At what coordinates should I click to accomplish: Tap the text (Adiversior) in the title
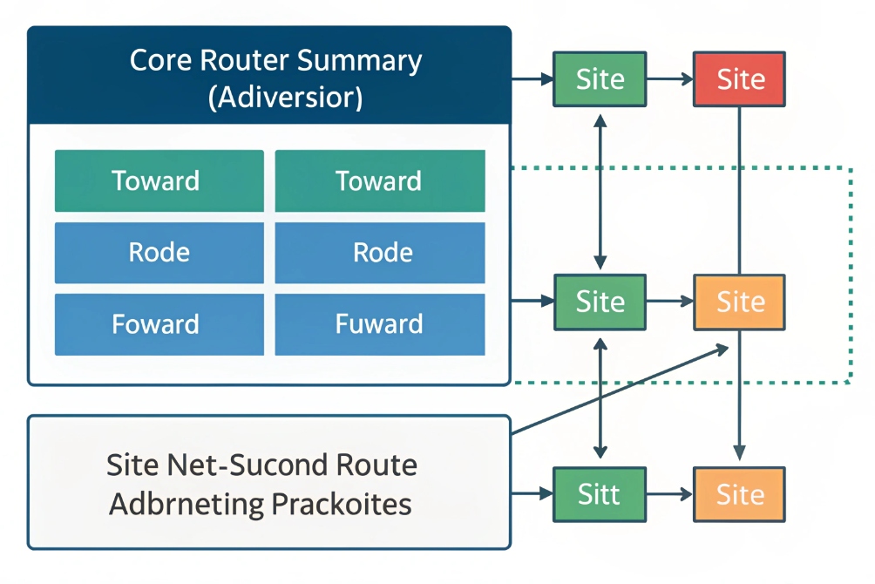click(285, 96)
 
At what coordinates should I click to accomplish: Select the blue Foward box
click(159, 324)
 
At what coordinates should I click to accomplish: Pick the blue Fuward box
click(380, 324)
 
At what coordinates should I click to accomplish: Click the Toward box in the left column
click(159, 181)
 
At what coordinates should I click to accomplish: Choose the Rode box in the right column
click(380, 253)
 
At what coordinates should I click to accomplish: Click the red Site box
click(740, 79)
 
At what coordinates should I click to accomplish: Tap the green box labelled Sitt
click(600, 494)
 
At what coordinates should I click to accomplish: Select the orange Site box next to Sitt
click(740, 494)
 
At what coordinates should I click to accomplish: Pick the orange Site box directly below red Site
click(740, 302)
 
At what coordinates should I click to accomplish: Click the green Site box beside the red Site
click(600, 79)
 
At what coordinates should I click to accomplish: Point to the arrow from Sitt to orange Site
click(669, 494)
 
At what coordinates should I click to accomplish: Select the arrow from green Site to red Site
click(669, 79)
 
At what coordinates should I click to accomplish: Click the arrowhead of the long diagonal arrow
click(722, 348)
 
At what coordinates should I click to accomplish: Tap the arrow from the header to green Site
click(532, 79)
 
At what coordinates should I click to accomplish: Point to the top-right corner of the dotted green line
click(850, 166)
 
